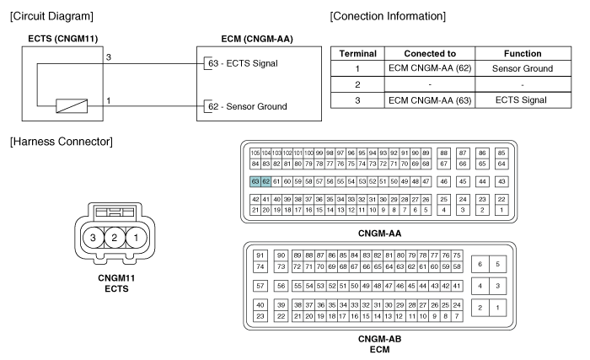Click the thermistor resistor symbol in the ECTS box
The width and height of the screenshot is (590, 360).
[x=72, y=106]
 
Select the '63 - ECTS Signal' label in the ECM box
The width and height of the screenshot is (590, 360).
[x=243, y=63]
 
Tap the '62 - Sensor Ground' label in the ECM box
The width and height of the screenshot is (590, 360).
[x=248, y=106]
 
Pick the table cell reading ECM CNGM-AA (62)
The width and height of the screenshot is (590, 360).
[x=430, y=68]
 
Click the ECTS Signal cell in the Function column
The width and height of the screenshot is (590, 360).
[x=521, y=99]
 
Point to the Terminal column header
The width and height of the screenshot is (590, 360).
[x=358, y=53]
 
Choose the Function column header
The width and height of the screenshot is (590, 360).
[x=523, y=53]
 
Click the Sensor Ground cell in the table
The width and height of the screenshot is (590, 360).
[x=523, y=68]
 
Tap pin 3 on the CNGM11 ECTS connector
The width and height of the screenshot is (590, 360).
[x=93, y=238]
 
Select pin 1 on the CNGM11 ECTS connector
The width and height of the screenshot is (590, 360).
[x=136, y=238]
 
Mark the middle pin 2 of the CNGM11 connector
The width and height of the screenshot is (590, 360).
[x=115, y=238]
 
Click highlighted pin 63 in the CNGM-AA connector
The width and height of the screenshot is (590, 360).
[x=255, y=181]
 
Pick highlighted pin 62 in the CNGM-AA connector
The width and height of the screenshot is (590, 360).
[x=265, y=181]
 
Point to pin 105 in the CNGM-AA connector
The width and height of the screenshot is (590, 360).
[x=255, y=153]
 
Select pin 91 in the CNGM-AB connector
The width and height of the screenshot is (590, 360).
[x=260, y=255]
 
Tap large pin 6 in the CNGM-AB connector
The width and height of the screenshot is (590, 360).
[x=480, y=264]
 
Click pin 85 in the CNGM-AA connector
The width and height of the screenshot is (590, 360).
[x=501, y=153]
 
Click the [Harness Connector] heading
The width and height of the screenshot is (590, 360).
[x=62, y=142]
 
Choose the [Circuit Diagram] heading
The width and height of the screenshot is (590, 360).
[x=51, y=16]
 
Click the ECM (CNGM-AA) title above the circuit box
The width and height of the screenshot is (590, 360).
[x=257, y=39]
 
